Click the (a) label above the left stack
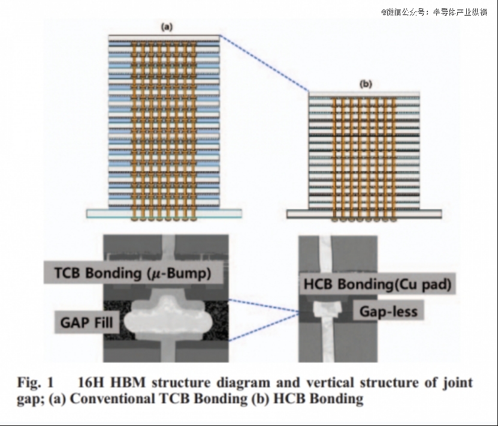coord(167,27)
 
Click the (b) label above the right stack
coord(366,84)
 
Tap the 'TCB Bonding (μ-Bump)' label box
coord(133,273)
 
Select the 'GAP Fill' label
coord(86,322)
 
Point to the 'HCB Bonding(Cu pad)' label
coord(378,284)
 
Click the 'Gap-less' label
coord(388,311)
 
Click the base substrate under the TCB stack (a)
coord(164,214)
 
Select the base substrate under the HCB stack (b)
coord(364,214)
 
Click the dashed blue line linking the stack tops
coord(264,63)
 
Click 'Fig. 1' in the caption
coord(35,382)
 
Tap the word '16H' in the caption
coord(91,382)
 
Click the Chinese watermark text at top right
coord(434,12)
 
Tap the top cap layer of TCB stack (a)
coord(164,38)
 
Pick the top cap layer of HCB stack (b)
coord(364,94)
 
